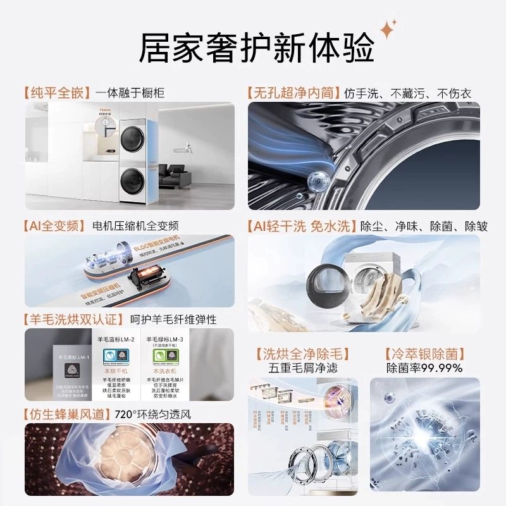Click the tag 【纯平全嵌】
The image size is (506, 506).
click(57, 93)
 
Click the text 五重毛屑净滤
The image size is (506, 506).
click(304, 368)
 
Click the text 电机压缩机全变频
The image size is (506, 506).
click(135, 226)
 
